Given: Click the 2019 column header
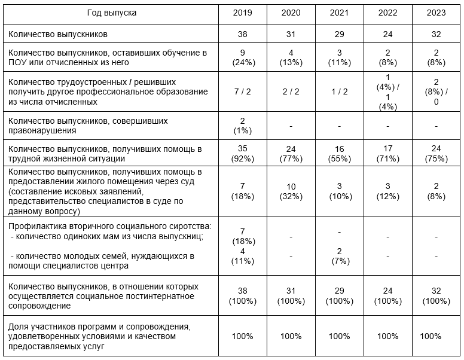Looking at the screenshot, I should (242, 13).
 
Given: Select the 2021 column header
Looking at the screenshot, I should (339, 13).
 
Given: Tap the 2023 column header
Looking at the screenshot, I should (436, 13).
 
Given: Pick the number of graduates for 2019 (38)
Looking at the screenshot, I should (242, 34).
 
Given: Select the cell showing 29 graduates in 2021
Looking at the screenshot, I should (339, 34).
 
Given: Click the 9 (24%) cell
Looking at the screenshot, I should (242, 57).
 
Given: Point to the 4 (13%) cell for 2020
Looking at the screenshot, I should (291, 57).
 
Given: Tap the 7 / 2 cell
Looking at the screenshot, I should (242, 93).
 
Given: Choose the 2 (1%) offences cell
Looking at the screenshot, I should (242, 126).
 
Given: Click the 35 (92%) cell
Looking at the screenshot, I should (242, 154).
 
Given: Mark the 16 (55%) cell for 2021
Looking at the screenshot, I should (339, 154).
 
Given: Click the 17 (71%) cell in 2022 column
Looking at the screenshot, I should (387, 154).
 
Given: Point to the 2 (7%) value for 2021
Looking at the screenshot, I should (339, 255).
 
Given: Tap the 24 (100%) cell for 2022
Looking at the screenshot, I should (387, 296).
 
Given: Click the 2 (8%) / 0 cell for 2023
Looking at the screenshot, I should (436, 93).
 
